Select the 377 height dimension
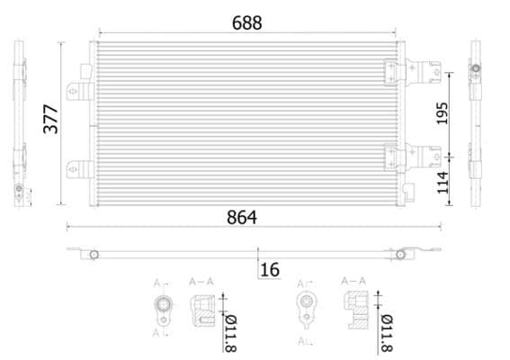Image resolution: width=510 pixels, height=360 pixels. (50, 119)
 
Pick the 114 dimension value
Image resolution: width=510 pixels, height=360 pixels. (442, 184)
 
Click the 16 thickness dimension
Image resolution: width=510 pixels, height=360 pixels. (270, 269)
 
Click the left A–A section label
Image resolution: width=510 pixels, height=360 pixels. (200, 282)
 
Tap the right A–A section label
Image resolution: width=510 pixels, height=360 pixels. (353, 282)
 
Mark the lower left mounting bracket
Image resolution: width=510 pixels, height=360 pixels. (79, 169)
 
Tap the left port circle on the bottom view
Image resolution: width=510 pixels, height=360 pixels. (94, 255)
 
